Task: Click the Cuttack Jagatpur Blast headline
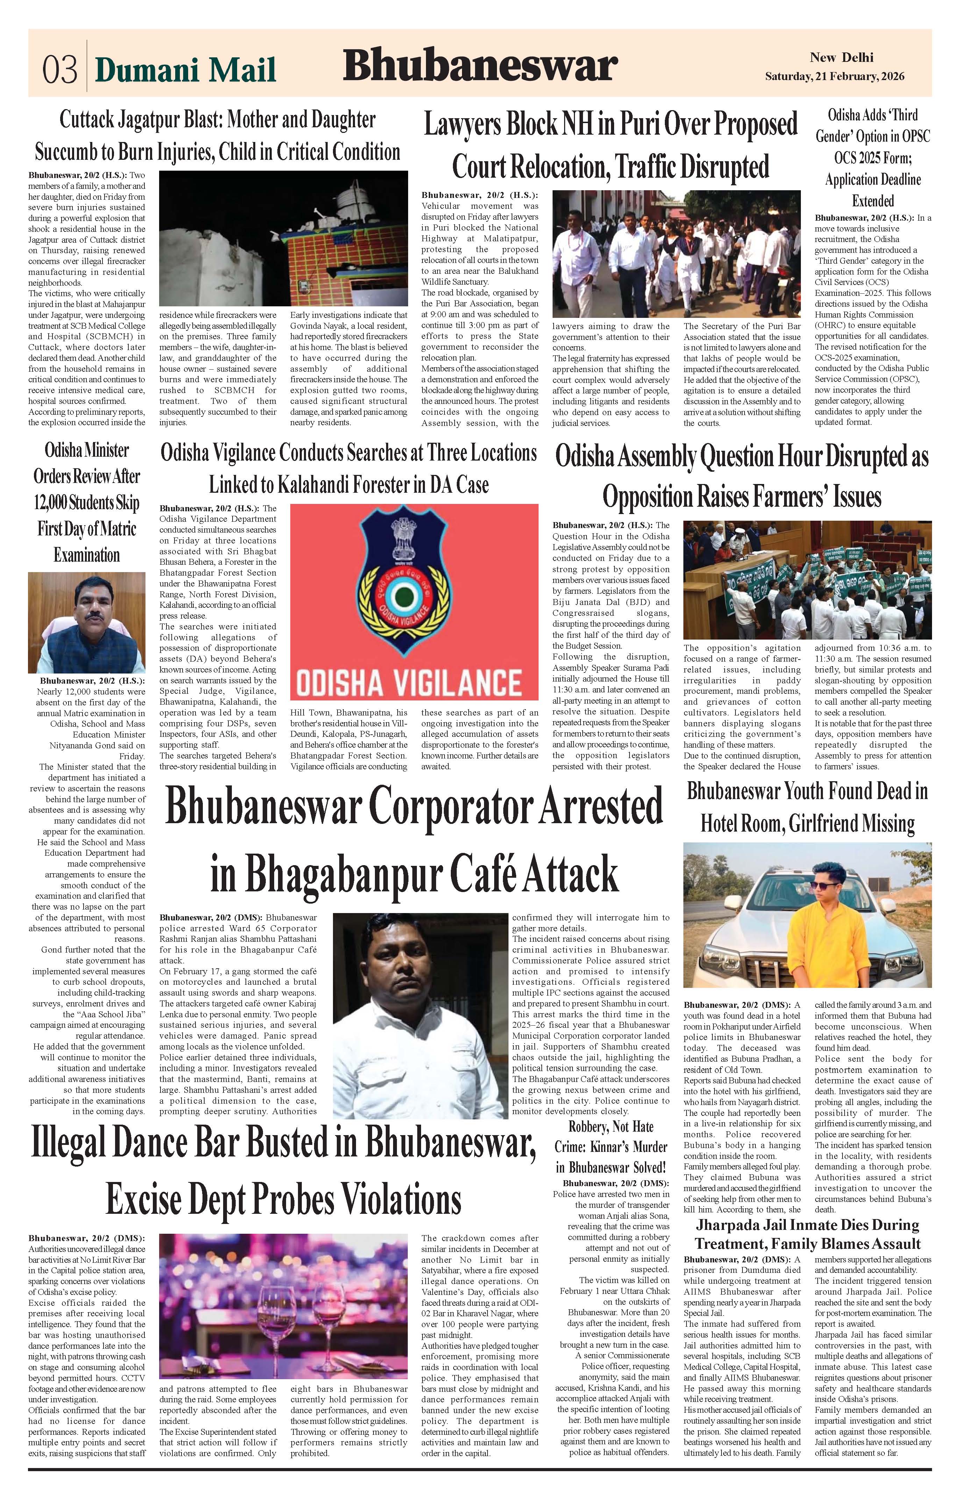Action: point(218,135)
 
